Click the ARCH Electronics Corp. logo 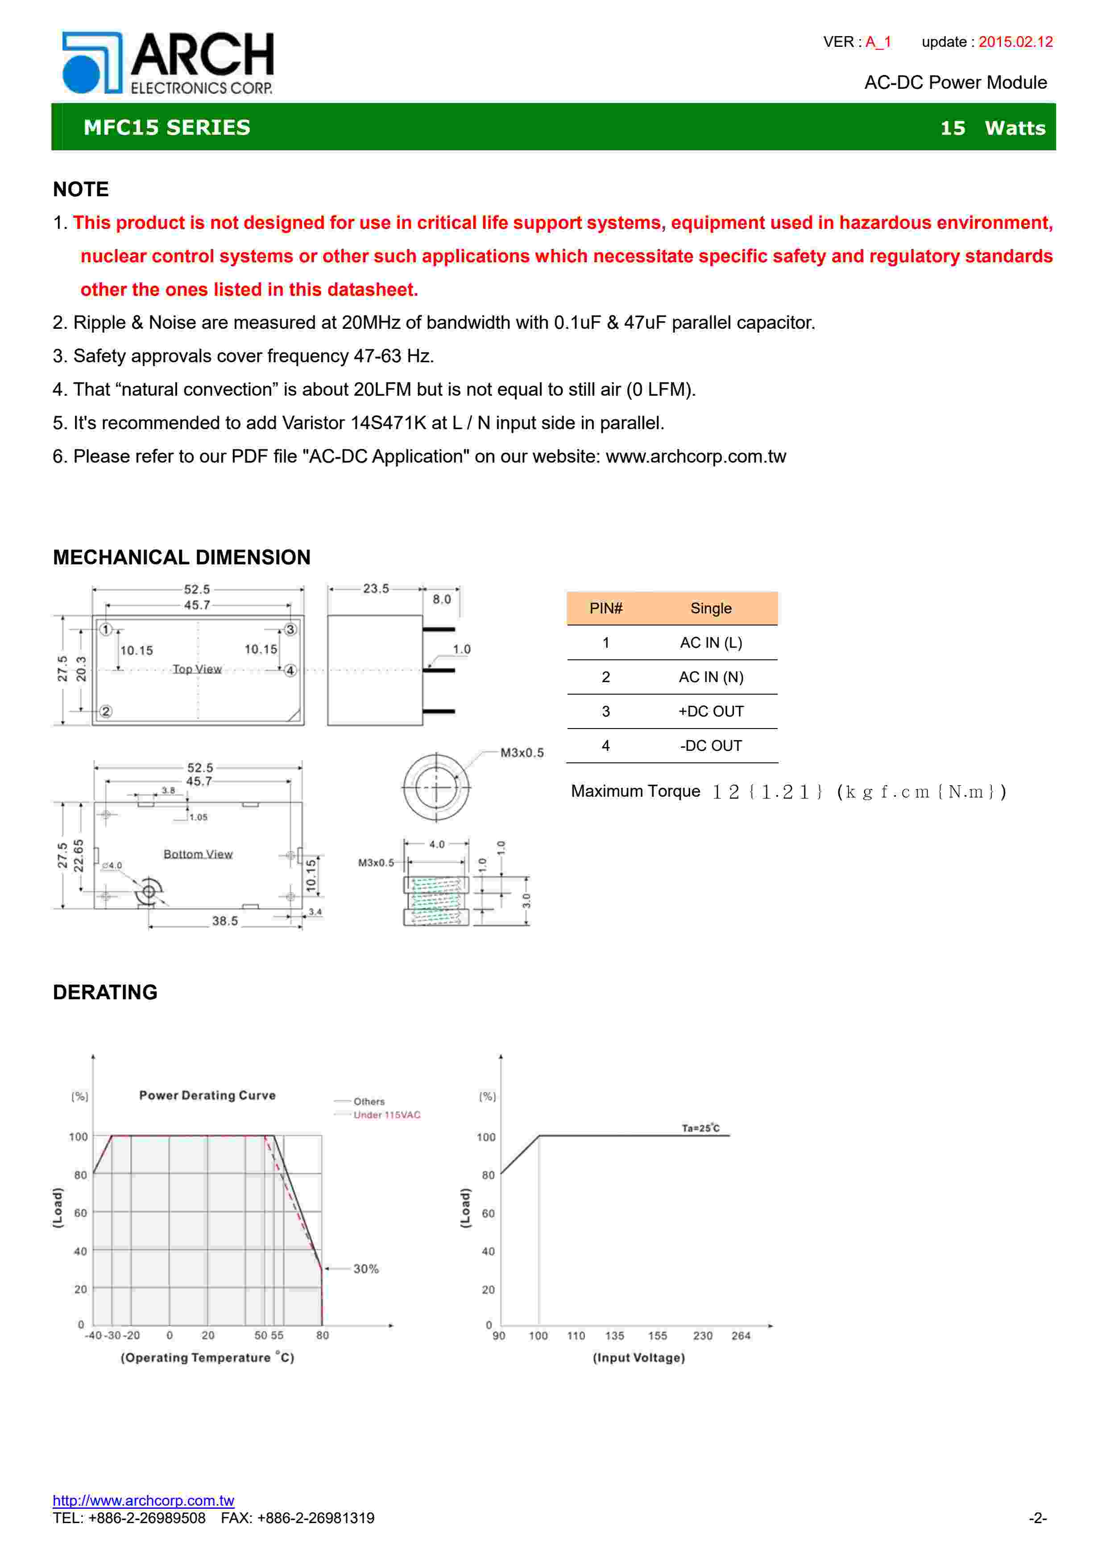[x=168, y=63]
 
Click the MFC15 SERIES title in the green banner [x=167, y=128]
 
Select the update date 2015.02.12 [x=1015, y=42]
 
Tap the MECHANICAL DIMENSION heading [x=181, y=558]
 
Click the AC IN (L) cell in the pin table [x=711, y=643]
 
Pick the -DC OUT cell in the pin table [x=711, y=745]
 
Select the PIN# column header [x=606, y=608]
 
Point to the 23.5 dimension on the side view [x=376, y=588]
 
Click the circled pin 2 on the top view [x=106, y=712]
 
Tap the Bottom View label [x=198, y=854]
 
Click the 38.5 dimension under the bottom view [x=225, y=921]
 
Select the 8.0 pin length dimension [x=442, y=599]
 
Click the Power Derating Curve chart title [x=207, y=1095]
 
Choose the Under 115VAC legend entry [x=386, y=1115]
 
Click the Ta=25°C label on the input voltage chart [x=700, y=1128]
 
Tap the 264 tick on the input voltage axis [x=741, y=1336]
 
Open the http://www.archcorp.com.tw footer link [x=143, y=1500]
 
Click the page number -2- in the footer [x=1038, y=1518]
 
